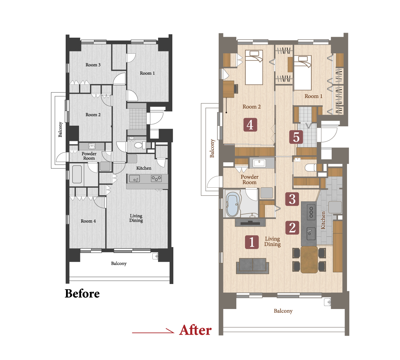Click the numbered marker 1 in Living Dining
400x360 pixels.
click(x=252, y=242)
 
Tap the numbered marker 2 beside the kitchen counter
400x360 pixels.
click(x=292, y=228)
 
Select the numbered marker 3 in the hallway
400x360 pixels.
click(x=292, y=199)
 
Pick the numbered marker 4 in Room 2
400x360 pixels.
click(x=250, y=125)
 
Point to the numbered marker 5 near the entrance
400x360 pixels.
click(x=296, y=137)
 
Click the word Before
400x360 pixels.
click(x=82, y=293)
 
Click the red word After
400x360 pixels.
click(x=195, y=330)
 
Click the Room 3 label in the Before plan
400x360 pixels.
click(x=93, y=65)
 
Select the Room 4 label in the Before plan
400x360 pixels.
click(x=88, y=221)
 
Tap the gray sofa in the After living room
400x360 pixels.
click(x=252, y=266)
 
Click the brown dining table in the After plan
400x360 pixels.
click(x=309, y=259)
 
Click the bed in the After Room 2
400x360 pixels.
click(x=254, y=67)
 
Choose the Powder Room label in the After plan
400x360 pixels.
click(x=249, y=180)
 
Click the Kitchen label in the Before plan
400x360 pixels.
click(x=144, y=168)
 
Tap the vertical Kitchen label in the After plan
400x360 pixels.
click(x=323, y=220)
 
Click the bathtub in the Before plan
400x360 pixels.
click(x=77, y=174)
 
